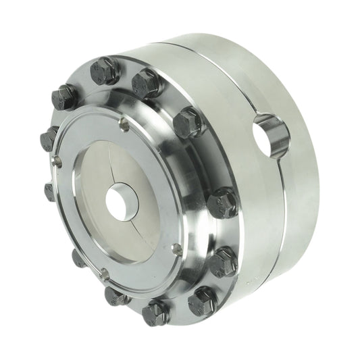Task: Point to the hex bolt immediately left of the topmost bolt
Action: (65, 97)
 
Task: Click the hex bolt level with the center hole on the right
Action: (222, 202)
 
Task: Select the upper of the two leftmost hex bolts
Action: (49, 138)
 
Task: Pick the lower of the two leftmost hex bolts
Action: (51, 190)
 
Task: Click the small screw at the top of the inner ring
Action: (124, 124)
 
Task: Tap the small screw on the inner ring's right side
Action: (177, 249)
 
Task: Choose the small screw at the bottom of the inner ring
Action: (104, 274)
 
